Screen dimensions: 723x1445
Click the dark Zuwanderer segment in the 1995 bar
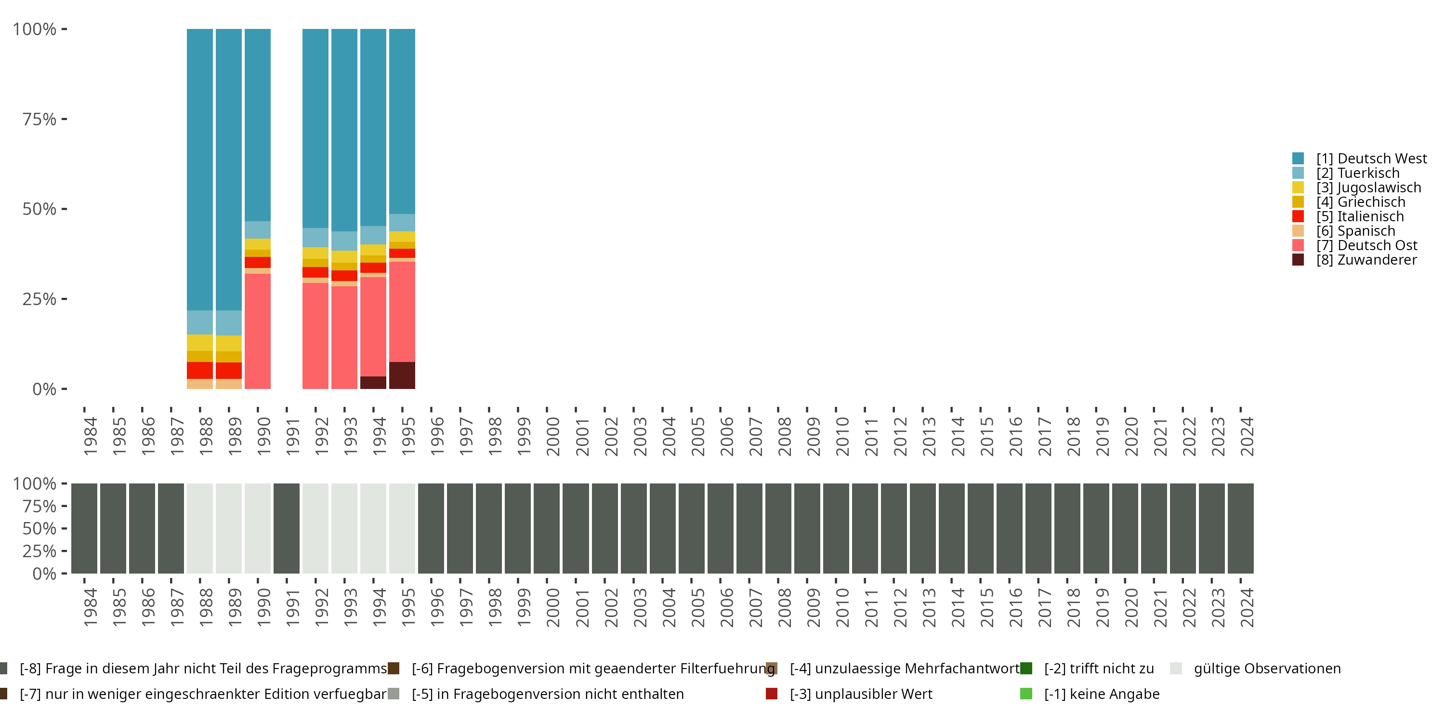coord(402,375)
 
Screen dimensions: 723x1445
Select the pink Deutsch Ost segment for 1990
coord(258,331)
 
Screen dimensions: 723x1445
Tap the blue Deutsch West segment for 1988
coord(200,168)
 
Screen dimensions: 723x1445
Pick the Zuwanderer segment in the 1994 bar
coord(373,382)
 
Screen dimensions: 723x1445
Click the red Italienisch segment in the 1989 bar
coord(229,371)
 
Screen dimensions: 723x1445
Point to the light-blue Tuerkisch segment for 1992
coord(315,238)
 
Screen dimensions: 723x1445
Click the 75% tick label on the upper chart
coord(39,119)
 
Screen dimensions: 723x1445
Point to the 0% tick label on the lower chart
coord(44,574)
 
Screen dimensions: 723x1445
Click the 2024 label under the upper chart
coord(1247,436)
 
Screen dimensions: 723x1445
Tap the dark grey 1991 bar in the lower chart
coord(287,528)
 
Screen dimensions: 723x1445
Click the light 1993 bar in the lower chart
coord(344,528)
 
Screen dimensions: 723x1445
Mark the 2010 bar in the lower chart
coord(836,528)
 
